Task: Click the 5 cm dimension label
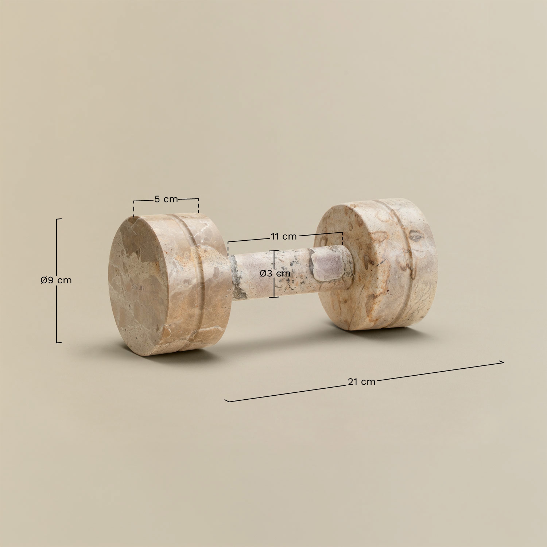click(166, 199)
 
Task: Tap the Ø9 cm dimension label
click(56, 280)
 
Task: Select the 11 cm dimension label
click(284, 236)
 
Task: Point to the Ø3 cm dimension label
click(275, 273)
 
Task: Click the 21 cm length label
click(361, 382)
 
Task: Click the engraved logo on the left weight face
click(138, 288)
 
